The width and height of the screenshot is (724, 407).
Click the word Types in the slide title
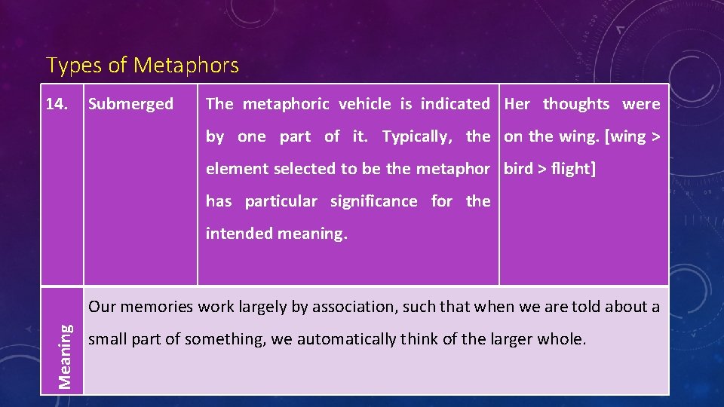click(x=74, y=66)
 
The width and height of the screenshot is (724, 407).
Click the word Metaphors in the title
click(x=186, y=66)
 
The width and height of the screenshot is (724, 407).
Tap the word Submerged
click(x=130, y=104)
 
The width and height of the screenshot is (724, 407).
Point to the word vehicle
click(x=365, y=104)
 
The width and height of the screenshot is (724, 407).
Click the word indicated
click(x=455, y=104)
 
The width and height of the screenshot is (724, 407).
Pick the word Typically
click(x=416, y=136)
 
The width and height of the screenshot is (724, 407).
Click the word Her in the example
click(x=517, y=104)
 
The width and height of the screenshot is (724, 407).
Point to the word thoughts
click(x=576, y=104)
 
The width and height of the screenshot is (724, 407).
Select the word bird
click(x=518, y=169)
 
